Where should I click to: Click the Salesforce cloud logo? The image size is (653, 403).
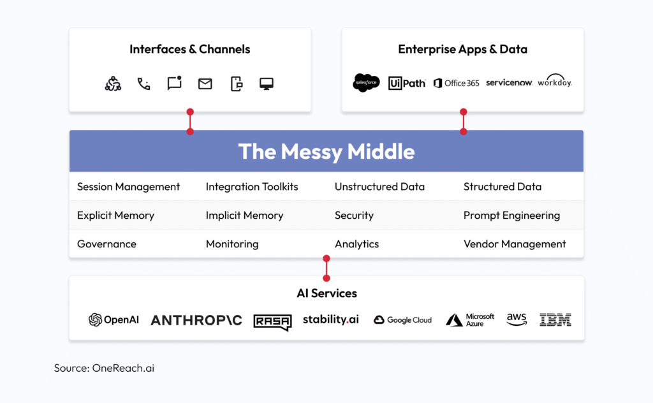pyautogui.click(x=366, y=83)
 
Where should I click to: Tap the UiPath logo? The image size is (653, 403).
pyautogui.click(x=407, y=83)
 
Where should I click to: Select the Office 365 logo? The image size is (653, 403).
pyautogui.click(x=456, y=83)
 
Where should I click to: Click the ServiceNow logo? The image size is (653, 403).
pyautogui.click(x=509, y=83)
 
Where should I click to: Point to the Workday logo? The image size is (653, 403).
pyautogui.click(x=554, y=81)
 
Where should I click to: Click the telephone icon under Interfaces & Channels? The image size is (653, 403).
pyautogui.click(x=143, y=84)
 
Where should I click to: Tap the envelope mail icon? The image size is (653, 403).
pyautogui.click(x=205, y=84)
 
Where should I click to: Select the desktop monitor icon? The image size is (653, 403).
pyautogui.click(x=266, y=84)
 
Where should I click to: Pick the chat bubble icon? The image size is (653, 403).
pyautogui.click(x=174, y=84)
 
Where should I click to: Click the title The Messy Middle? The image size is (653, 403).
pyautogui.click(x=326, y=152)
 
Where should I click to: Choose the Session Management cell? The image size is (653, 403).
pyautogui.click(x=128, y=187)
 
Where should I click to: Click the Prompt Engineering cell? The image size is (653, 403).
pyautogui.click(x=511, y=216)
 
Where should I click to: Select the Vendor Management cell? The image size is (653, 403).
pyautogui.click(x=514, y=244)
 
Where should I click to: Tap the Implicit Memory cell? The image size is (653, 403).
pyautogui.click(x=244, y=216)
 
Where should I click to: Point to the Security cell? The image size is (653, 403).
pyautogui.click(x=354, y=216)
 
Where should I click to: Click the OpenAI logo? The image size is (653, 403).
pyautogui.click(x=114, y=320)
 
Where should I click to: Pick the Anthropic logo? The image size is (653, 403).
pyautogui.click(x=196, y=320)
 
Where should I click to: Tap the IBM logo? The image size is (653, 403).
pyautogui.click(x=555, y=320)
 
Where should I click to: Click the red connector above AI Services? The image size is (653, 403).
pyautogui.click(x=326, y=268)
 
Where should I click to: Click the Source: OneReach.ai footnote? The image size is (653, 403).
pyautogui.click(x=104, y=368)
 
